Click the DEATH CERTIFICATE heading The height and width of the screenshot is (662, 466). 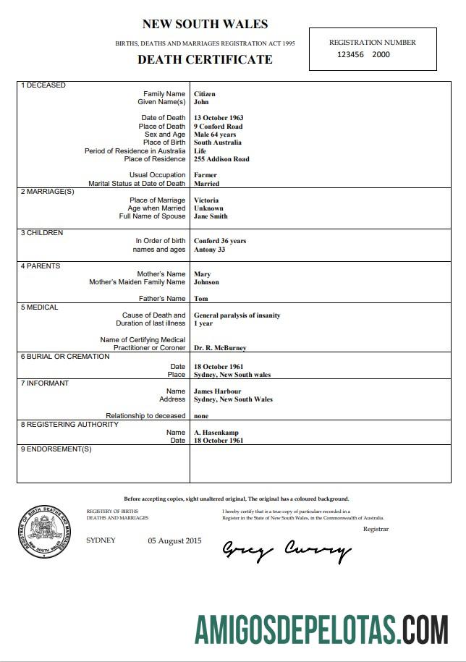click(205, 60)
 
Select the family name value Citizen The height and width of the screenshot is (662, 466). click(205, 94)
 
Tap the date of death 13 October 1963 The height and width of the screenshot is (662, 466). click(219, 118)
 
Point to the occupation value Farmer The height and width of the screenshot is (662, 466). click(206, 175)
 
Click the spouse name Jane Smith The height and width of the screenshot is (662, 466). click(211, 216)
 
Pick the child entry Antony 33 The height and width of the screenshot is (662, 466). click(210, 250)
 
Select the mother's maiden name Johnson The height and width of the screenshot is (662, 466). click(206, 282)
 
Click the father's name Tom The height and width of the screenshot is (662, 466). click(201, 299)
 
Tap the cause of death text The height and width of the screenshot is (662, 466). click(237, 315)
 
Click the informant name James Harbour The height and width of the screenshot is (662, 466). click(217, 391)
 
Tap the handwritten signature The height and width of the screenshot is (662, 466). click(286, 551)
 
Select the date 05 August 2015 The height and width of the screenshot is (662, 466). click(175, 540)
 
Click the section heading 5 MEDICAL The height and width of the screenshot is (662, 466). click(40, 307)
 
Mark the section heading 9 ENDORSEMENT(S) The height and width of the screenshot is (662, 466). click(56, 449)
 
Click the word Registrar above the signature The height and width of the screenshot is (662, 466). click(376, 529)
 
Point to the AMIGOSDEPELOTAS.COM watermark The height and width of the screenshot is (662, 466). click(321, 629)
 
